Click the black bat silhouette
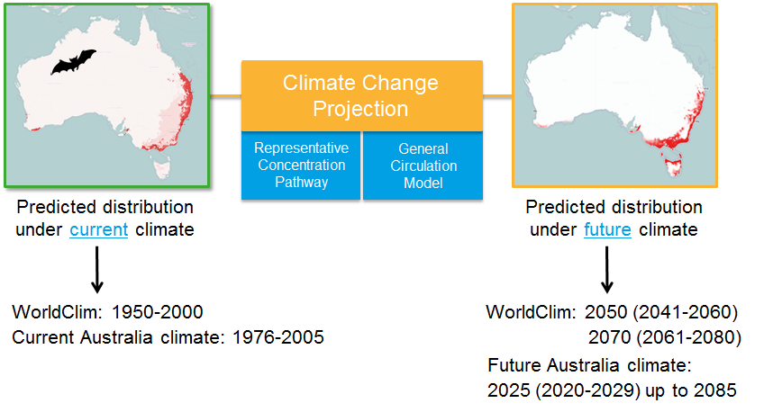73,62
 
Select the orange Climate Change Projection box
362,96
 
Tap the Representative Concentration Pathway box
301,166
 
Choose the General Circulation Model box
423,166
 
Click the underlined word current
98,230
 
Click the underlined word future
607,230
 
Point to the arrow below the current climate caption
97,269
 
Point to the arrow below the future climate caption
607,269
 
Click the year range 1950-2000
158,312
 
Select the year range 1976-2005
278,337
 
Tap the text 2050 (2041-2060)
661,312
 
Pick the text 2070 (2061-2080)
665,337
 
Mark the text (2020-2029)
588,390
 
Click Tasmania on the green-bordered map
161,166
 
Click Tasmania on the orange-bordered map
673,165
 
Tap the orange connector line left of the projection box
226,96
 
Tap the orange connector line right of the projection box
497,96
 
